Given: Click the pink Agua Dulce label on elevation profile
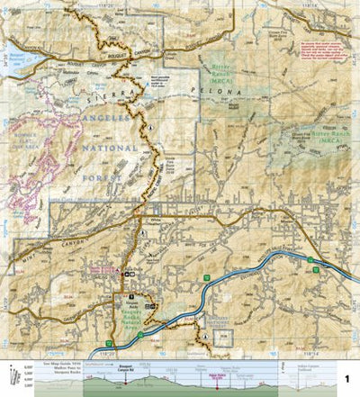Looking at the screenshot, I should [x=215, y=370].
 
